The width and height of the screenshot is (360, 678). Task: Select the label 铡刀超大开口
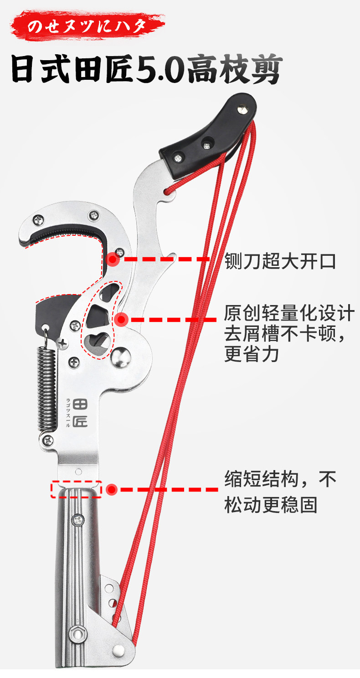point(280,262)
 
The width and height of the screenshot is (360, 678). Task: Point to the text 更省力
point(251,354)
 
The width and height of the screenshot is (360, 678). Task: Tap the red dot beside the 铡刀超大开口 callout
point(113,260)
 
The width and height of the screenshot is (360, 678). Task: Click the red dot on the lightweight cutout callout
point(120,320)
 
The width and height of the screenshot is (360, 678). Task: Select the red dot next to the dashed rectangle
point(112,490)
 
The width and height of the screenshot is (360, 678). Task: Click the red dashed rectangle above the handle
point(76,489)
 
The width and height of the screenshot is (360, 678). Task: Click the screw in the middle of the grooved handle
point(79,518)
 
